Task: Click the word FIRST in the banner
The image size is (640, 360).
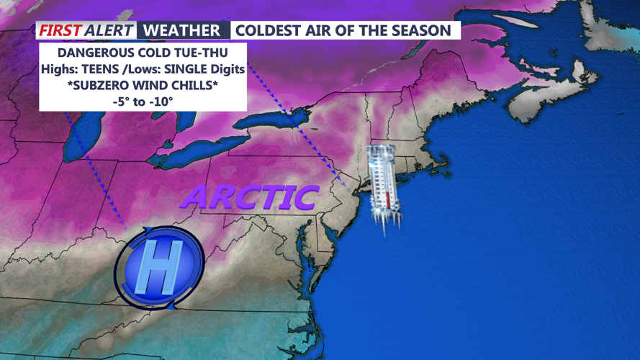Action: point(59,30)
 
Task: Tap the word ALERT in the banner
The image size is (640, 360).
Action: point(108,30)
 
